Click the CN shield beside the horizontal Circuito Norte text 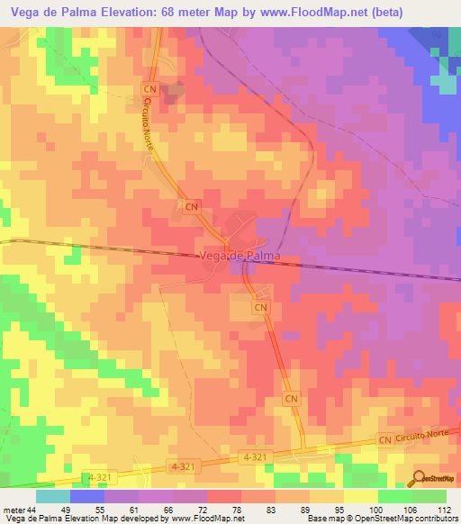click(385, 439)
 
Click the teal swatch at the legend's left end click(53, 496)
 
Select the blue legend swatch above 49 click(87, 496)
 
